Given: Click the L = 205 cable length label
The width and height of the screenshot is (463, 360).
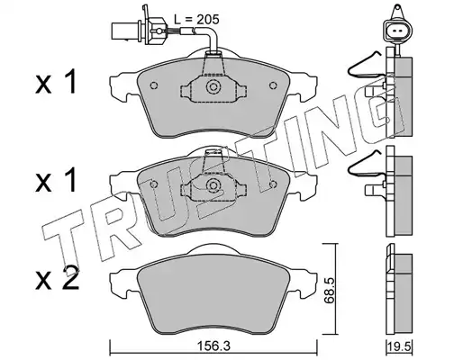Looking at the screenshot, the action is [196, 20].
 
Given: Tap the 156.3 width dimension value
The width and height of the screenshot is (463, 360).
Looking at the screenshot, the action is [213, 346].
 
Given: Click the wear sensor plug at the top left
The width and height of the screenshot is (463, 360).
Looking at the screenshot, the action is [138, 30].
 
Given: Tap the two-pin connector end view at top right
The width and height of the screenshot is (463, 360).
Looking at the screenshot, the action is [397, 31].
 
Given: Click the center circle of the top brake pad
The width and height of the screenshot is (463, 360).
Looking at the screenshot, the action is [213, 87].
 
